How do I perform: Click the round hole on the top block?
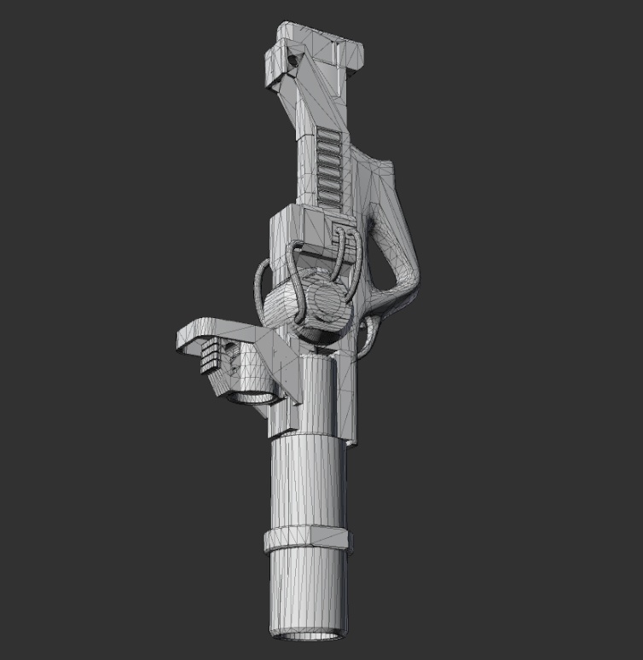tap(296, 61)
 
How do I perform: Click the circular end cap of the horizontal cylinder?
tap(328, 304)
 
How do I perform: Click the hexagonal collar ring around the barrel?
tap(307, 539)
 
